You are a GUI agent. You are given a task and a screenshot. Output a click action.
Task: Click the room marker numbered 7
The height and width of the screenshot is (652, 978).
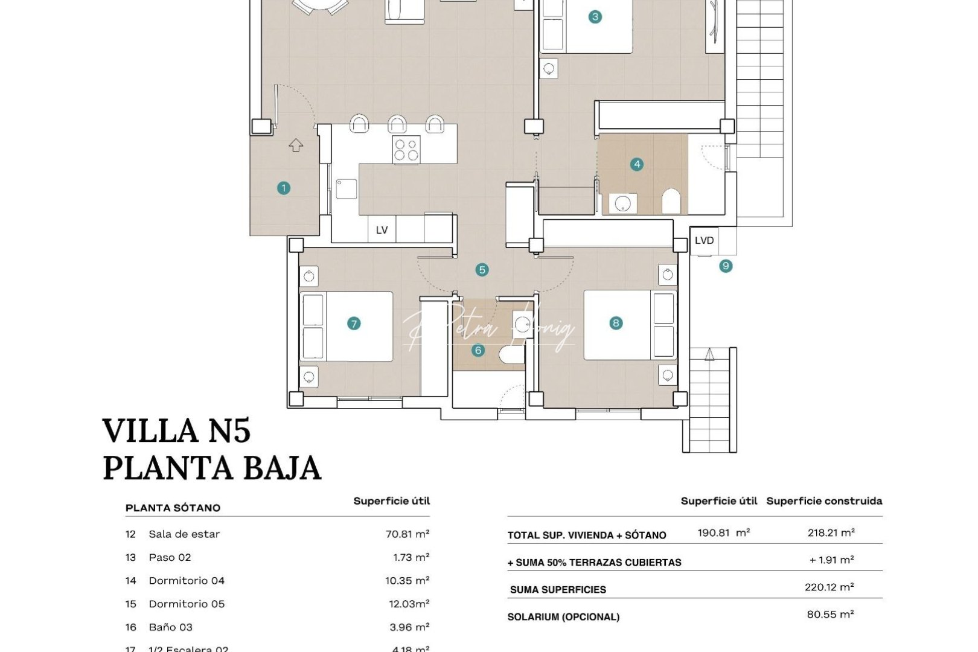[354, 324]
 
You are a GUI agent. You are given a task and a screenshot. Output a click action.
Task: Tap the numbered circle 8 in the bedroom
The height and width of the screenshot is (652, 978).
[616, 323]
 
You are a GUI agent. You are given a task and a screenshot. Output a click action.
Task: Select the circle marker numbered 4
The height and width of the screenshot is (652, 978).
[636, 164]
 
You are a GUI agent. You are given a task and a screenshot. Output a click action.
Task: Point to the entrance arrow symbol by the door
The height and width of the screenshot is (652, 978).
[296, 145]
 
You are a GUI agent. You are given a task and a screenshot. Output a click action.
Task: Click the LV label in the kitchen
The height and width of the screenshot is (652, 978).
[382, 230]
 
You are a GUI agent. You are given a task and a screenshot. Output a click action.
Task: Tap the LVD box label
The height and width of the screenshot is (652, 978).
[704, 240]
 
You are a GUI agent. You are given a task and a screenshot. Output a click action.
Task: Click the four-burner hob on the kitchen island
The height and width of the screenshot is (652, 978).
[406, 149]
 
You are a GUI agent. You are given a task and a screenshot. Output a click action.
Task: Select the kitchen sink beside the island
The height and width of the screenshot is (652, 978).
[347, 188]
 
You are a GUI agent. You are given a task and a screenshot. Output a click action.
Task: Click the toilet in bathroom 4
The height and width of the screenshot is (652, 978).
[671, 202]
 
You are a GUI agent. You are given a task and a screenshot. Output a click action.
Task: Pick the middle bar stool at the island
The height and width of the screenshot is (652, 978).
[397, 124]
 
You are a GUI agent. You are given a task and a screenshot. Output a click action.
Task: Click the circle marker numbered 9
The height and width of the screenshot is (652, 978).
[726, 266]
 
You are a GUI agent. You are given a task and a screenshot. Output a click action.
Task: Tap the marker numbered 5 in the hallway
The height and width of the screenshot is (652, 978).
[482, 270]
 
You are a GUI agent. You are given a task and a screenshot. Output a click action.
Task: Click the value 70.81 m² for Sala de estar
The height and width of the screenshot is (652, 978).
[407, 534]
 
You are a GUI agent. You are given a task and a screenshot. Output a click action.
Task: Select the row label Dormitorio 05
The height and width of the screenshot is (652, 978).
[187, 604]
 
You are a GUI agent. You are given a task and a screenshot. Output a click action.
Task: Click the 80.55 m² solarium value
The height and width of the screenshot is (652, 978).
[830, 615]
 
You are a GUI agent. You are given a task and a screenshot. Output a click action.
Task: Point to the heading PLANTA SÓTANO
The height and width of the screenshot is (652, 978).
[173, 508]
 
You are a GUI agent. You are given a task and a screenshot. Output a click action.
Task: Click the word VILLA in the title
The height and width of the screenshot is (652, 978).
[151, 431]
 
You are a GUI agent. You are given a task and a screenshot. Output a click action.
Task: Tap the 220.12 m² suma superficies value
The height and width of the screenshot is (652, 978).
[829, 587]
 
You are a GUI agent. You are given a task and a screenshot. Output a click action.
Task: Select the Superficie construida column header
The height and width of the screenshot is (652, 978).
[824, 500]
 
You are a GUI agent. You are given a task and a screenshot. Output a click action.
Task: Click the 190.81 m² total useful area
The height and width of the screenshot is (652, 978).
[723, 532]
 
